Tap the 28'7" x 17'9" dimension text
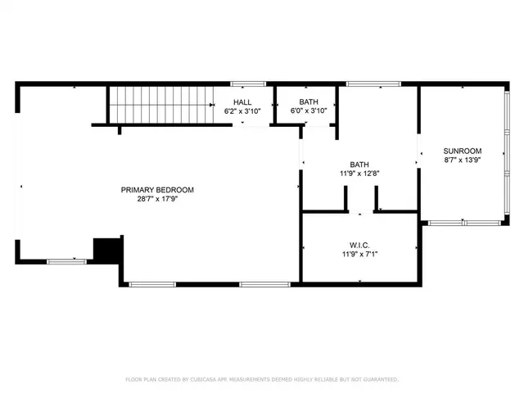pyautogui.click(x=157, y=199)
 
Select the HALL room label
pyautogui.click(x=242, y=102)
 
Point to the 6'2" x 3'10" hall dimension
pyautogui.click(x=242, y=111)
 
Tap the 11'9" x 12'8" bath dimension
pyautogui.click(x=359, y=174)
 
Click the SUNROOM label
pyautogui.click(x=462, y=151)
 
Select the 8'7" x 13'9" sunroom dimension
pyautogui.click(x=462, y=160)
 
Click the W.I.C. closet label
pyautogui.click(x=359, y=244)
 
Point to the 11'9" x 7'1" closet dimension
pyautogui.click(x=359, y=254)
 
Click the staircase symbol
pyautogui.click(x=161, y=104)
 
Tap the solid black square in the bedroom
pyautogui.click(x=107, y=249)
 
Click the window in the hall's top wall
pyautogui.click(x=247, y=84)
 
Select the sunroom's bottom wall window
pyautogui.click(x=462, y=222)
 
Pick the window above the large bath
pyautogui.click(x=373, y=84)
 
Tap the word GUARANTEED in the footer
pyautogui.click(x=379, y=380)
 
